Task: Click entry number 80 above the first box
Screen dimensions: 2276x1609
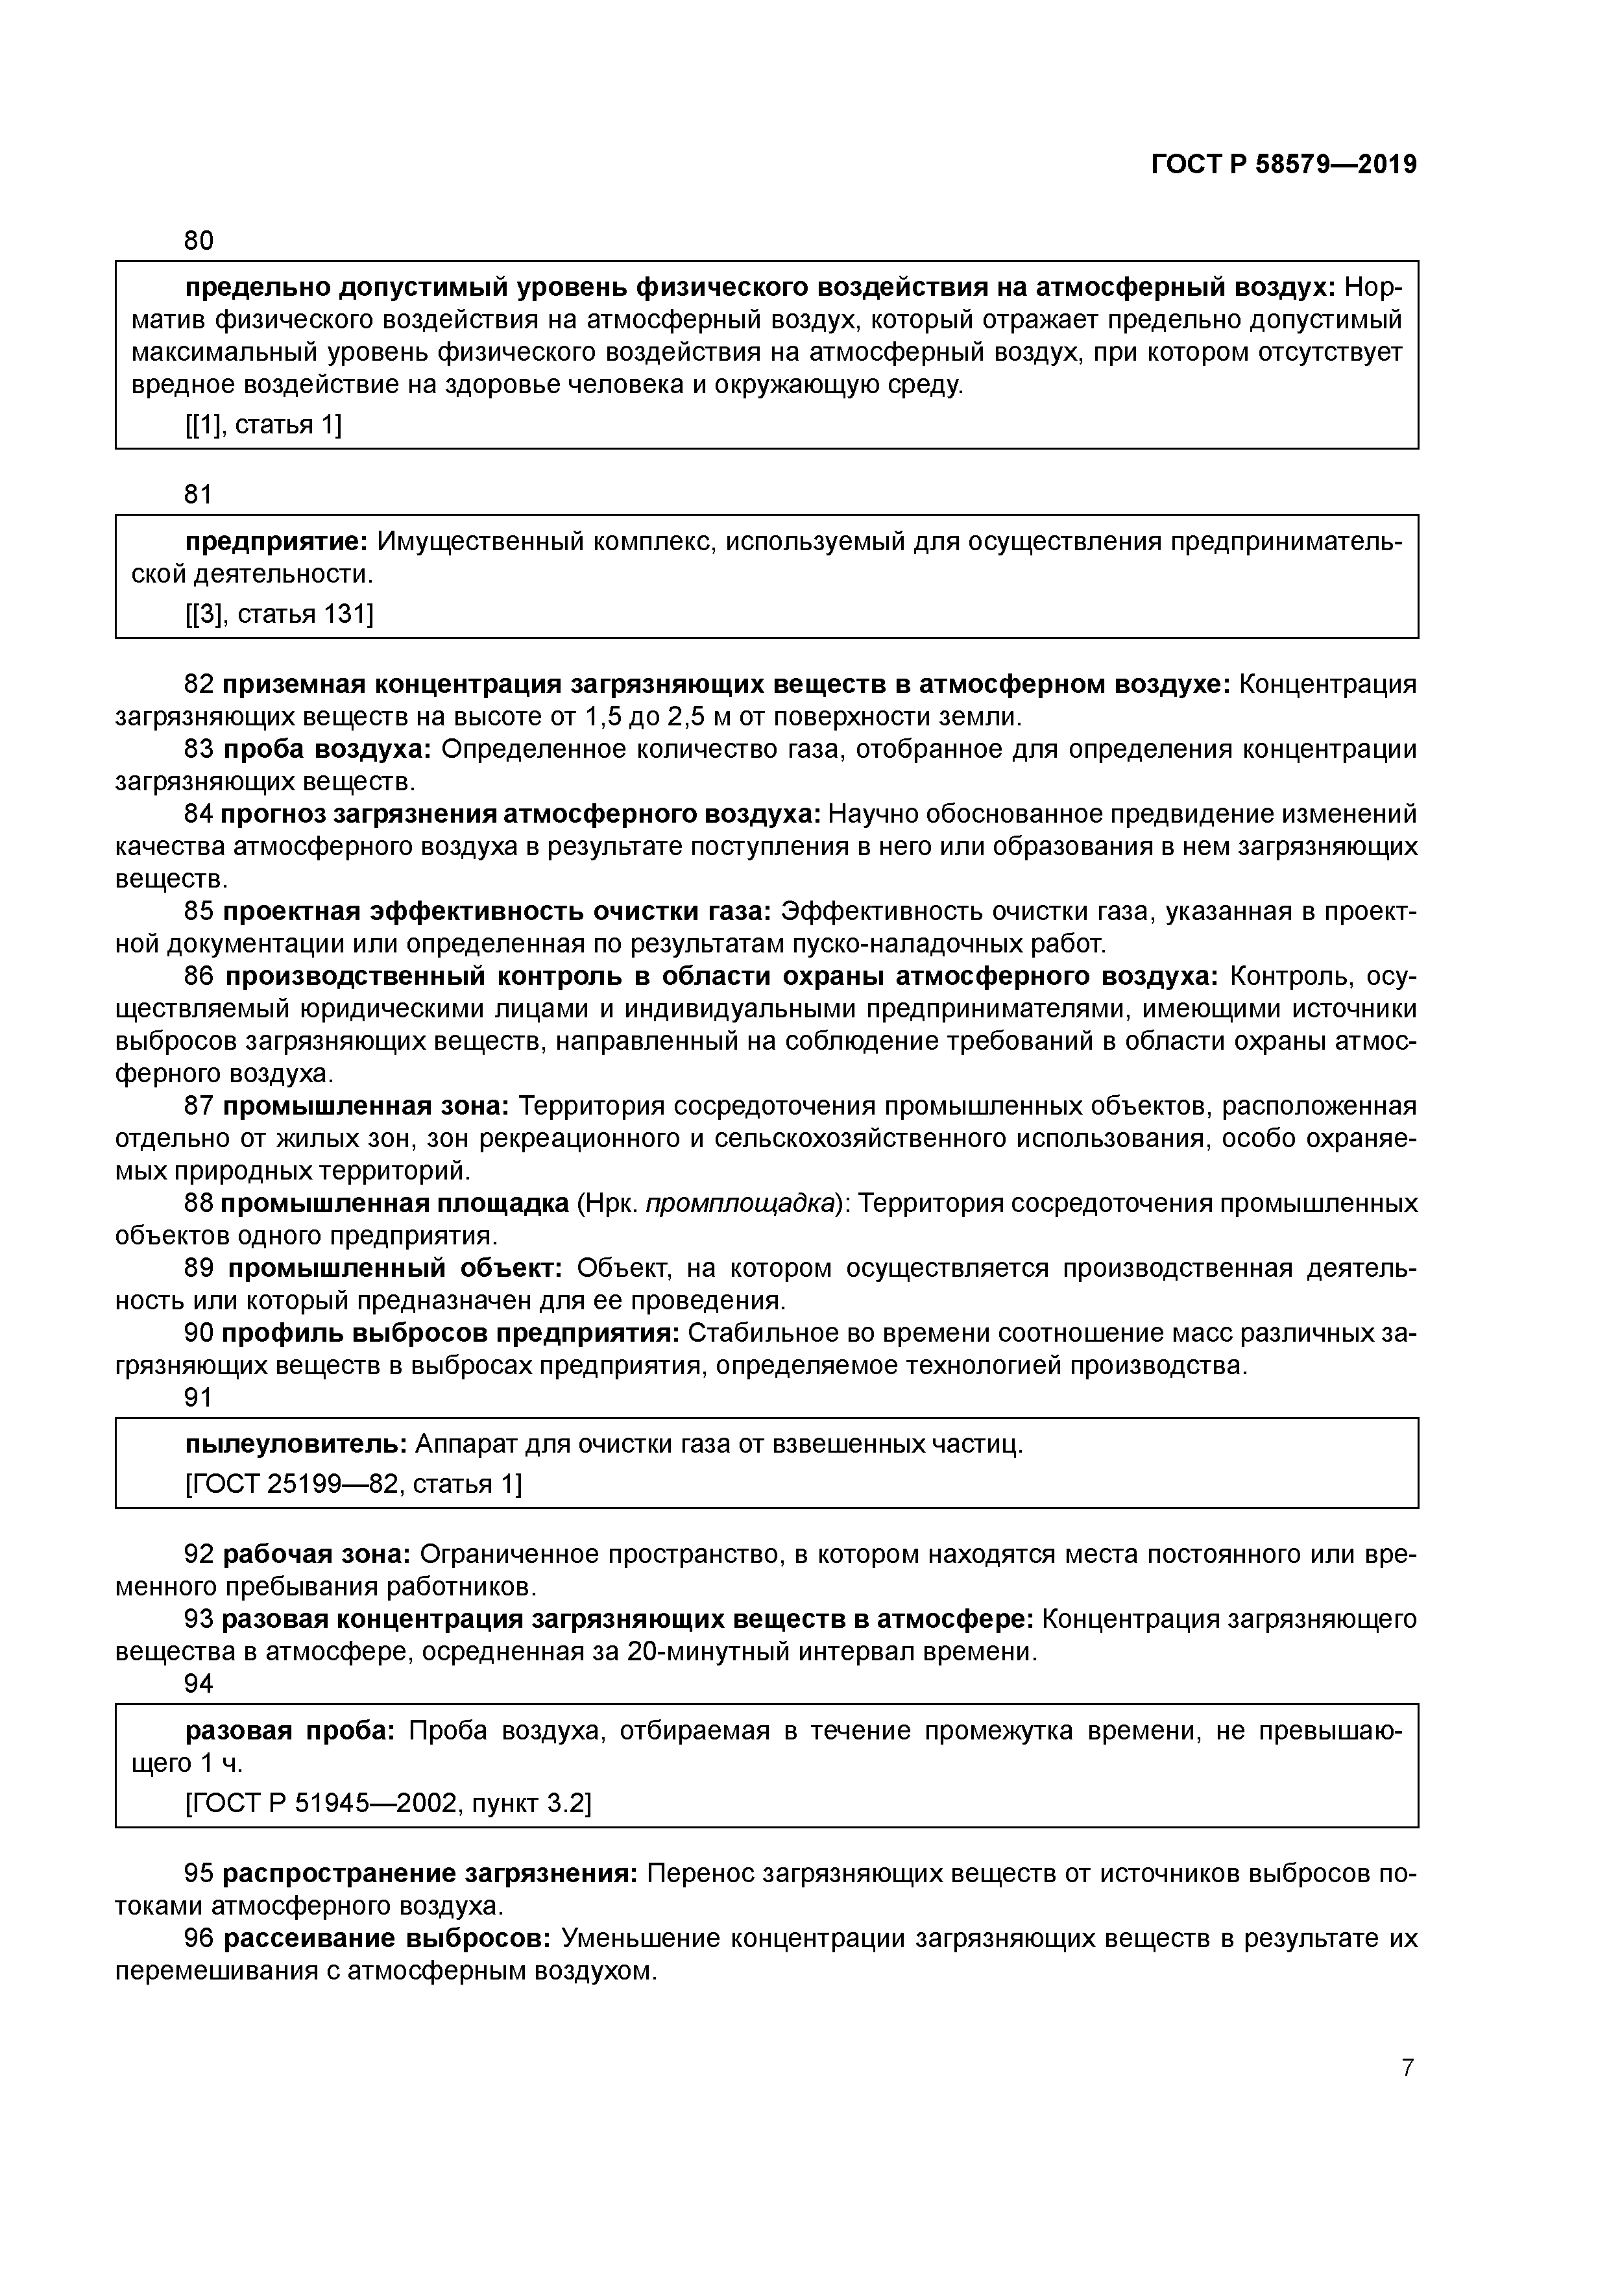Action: (x=199, y=240)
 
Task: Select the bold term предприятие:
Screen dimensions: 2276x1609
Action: (x=276, y=542)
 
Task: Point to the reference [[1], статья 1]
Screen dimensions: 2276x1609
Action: (x=263, y=425)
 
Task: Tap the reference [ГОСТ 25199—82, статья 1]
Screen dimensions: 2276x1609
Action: (x=353, y=1484)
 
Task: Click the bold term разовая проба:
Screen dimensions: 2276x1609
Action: (x=289, y=1731)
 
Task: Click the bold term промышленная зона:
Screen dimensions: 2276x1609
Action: (x=365, y=1106)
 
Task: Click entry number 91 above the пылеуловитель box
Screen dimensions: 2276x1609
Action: (x=199, y=1398)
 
